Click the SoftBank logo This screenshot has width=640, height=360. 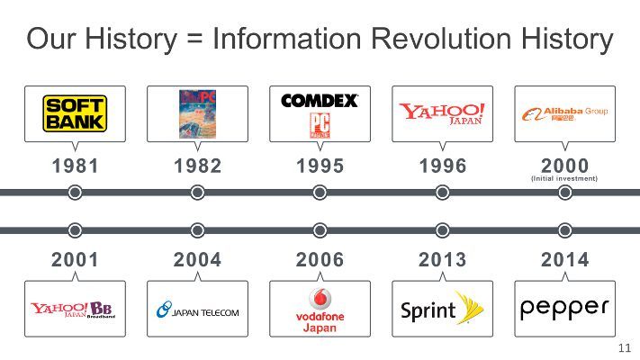76,113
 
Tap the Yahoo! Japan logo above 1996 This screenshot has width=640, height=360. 442,113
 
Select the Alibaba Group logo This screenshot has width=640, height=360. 564,113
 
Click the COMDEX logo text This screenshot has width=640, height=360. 320,101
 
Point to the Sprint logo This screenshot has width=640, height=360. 442,309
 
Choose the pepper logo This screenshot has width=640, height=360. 564,307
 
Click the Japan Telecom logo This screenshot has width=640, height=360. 198,310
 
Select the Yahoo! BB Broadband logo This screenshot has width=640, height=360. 76,310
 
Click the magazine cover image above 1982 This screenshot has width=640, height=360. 197,114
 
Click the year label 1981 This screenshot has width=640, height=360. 76,166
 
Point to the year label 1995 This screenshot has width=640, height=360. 320,166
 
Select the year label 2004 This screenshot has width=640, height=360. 197,260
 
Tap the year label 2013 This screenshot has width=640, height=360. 442,260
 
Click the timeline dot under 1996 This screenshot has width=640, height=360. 442,193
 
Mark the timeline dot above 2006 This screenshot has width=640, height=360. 320,230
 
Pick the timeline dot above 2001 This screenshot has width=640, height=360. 76,230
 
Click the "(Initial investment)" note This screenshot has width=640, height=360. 564,179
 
